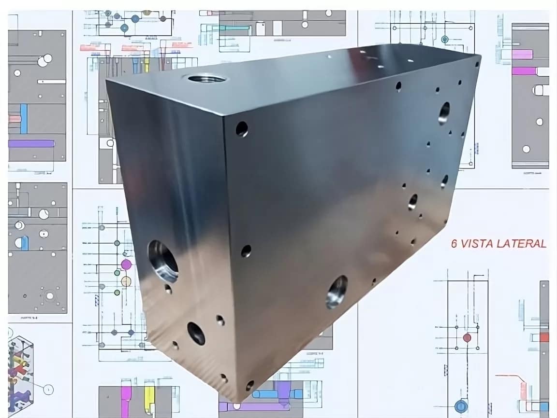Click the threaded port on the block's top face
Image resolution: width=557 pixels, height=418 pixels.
(x=206, y=78)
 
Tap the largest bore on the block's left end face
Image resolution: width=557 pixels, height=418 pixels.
(x=163, y=261)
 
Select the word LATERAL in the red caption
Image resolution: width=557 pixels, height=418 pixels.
(x=521, y=244)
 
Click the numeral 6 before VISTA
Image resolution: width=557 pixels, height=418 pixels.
(x=454, y=244)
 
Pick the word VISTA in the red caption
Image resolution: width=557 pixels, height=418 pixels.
(x=477, y=244)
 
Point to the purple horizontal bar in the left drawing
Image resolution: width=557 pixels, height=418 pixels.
(x=31, y=143)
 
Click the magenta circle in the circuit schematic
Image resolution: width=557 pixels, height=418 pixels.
(x=126, y=264)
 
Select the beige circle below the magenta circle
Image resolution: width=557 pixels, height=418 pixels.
(x=126, y=281)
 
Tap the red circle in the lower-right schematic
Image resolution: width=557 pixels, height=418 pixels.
(x=467, y=337)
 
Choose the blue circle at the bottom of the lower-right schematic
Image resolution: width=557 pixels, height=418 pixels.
(x=460, y=406)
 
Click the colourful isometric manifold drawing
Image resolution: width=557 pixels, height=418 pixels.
(x=20, y=369)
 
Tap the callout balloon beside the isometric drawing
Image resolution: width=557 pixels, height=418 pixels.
(x=48, y=389)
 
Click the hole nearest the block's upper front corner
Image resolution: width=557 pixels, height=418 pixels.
(x=241, y=129)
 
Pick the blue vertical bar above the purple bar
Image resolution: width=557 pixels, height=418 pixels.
(x=24, y=119)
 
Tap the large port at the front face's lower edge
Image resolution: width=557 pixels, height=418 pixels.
(x=337, y=292)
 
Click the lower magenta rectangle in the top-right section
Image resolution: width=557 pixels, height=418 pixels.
(x=524, y=71)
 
